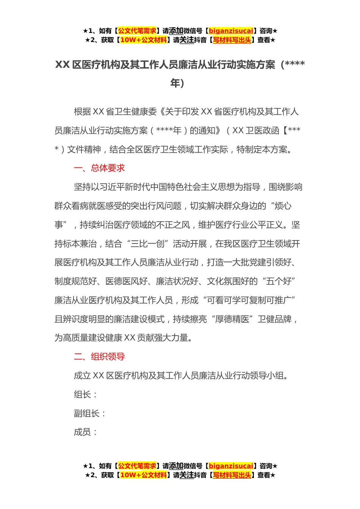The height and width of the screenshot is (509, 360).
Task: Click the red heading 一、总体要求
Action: [99, 168]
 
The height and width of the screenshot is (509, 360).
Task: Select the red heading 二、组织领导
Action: [99, 357]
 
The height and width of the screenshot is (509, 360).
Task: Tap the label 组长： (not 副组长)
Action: [86, 395]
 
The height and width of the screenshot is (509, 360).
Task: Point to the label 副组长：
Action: [90, 414]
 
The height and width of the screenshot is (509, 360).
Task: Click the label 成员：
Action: [86, 432]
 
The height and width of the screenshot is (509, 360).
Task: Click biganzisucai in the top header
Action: [231, 31]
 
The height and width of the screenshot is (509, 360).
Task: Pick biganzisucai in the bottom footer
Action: [231, 466]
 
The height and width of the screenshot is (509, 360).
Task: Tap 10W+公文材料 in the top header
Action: [143, 40]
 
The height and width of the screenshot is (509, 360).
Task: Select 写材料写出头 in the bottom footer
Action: [232, 475]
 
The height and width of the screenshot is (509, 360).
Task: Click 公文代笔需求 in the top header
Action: [137, 31]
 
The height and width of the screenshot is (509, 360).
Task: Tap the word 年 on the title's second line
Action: [175, 83]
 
